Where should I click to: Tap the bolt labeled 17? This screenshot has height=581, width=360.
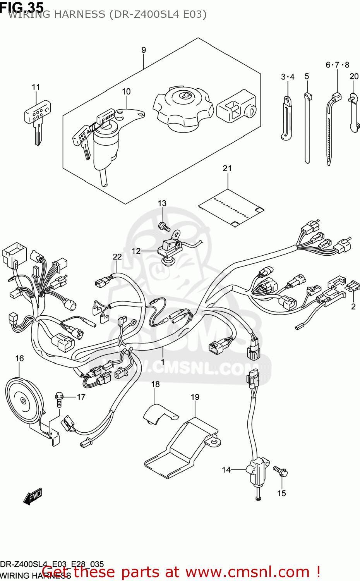(x=59, y=399)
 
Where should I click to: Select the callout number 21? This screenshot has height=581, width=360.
(x=227, y=168)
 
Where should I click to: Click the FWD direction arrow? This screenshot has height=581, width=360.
(x=33, y=497)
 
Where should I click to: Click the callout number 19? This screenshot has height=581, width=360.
(x=195, y=397)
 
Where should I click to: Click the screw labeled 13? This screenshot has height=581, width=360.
(x=164, y=226)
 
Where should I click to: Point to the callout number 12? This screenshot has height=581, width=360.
(x=136, y=251)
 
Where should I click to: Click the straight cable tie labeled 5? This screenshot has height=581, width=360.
(x=307, y=128)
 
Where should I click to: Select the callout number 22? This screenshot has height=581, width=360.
(x=117, y=256)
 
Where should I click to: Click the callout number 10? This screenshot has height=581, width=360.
(x=126, y=91)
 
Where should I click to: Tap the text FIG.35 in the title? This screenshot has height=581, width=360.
(x=22, y=7)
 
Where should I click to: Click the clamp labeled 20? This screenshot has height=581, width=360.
(x=354, y=112)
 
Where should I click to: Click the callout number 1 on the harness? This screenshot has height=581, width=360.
(x=163, y=362)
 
